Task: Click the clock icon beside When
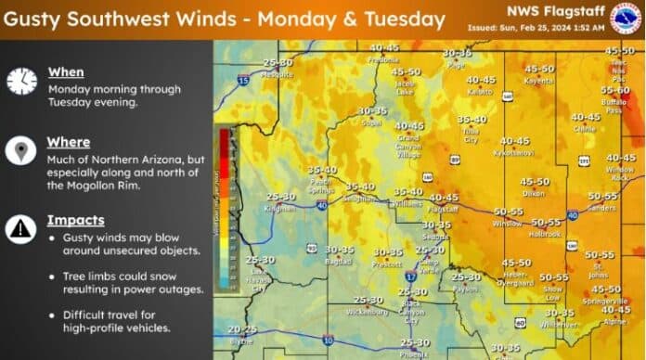(x=20, y=81)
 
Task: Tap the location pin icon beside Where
(x=20, y=150)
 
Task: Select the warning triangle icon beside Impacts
(x=20, y=228)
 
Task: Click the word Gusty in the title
(x=41, y=19)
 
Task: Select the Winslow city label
(x=509, y=224)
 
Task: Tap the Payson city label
(x=466, y=289)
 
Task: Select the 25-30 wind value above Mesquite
(x=278, y=62)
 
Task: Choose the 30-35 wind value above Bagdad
(x=339, y=250)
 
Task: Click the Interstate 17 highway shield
(x=409, y=276)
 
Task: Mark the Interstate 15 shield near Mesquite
(x=243, y=82)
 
